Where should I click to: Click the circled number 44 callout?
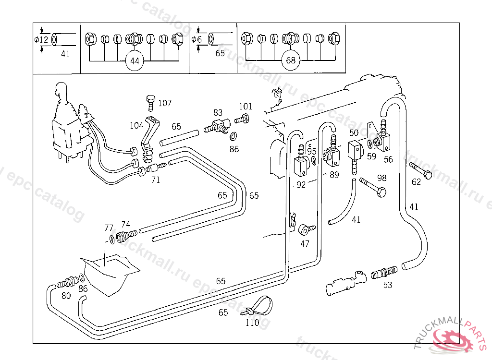pos(135,61)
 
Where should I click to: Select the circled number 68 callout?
pos(291,61)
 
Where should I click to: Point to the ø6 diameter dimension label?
pos(197,39)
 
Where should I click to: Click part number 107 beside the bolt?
pos(164,103)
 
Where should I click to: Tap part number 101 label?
pos(245,107)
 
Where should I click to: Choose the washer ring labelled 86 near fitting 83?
pos(234,136)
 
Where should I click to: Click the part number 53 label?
pos(387,285)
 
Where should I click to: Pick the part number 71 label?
pos(156,180)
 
